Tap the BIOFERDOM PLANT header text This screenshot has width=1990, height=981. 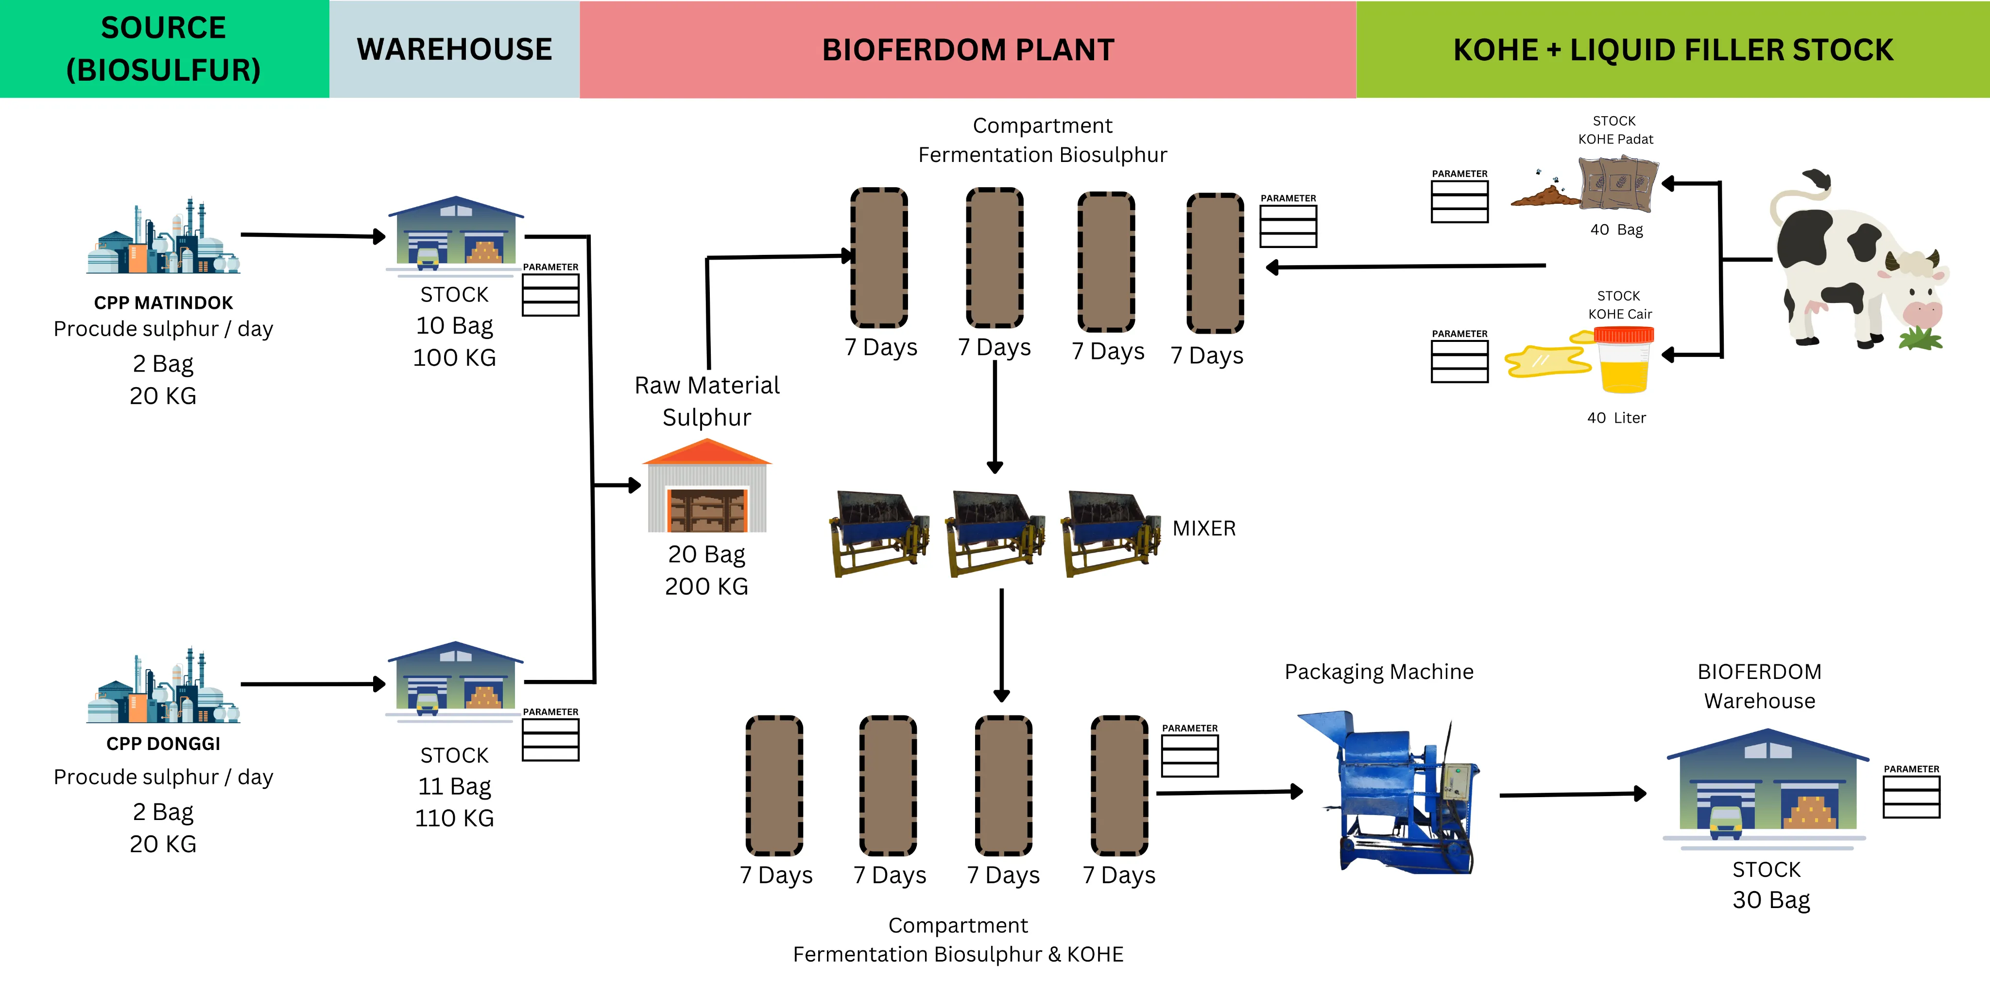(967, 50)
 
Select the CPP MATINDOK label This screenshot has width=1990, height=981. (163, 302)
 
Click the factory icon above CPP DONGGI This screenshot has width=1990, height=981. (163, 686)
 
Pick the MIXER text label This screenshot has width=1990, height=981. (1203, 528)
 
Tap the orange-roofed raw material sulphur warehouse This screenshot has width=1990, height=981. (707, 486)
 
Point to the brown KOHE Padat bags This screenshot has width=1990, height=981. (1617, 183)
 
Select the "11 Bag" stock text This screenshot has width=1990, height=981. (454, 786)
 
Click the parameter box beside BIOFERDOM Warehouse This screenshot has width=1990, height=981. (1911, 796)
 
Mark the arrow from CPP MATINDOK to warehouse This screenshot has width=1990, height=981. (313, 235)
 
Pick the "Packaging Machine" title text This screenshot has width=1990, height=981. (1379, 672)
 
